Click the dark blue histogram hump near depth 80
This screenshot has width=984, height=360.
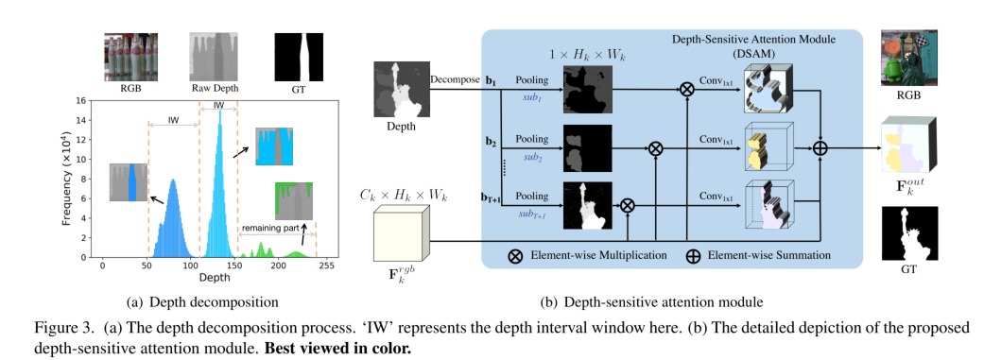pos(172,222)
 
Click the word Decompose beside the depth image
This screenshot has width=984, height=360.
pos(454,81)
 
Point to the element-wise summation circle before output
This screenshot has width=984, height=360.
pos(820,148)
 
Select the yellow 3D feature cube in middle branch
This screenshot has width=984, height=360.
pos(767,149)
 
